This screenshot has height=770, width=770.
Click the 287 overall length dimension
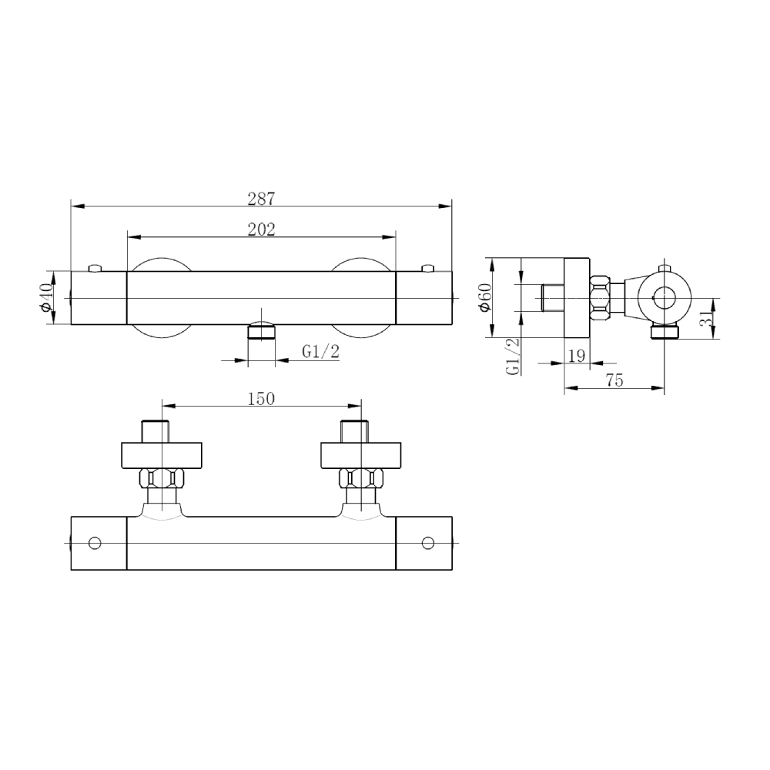point(261,198)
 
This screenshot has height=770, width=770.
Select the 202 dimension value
point(261,229)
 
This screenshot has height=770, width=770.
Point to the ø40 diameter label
point(45,297)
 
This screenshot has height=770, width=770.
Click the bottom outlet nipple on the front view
point(261,332)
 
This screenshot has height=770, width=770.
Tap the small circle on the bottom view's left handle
point(95,543)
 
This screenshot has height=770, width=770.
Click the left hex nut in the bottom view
point(162,478)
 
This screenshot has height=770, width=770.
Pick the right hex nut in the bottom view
point(361,478)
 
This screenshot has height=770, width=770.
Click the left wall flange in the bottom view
point(162,455)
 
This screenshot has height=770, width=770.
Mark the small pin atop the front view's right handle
point(427,267)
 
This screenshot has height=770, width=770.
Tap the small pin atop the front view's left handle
point(95,267)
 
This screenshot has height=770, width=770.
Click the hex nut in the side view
point(601,297)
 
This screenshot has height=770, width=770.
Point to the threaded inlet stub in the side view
point(552,297)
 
